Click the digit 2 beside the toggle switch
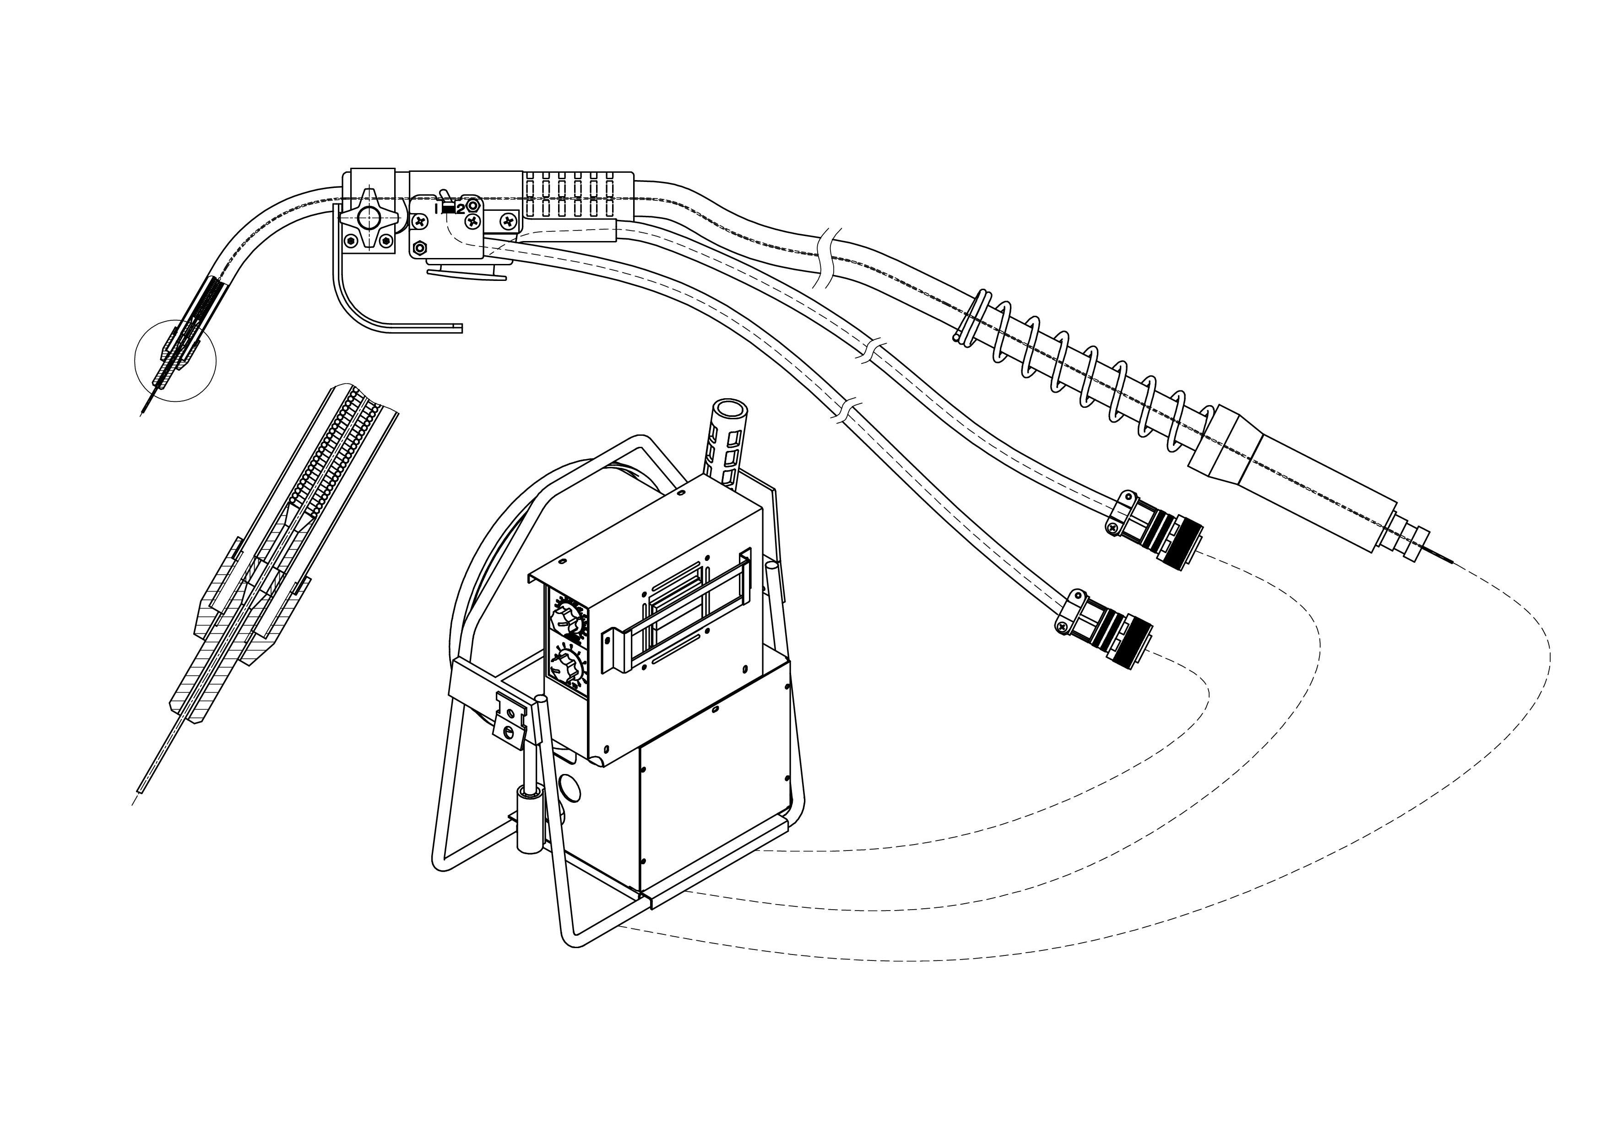pos(460,209)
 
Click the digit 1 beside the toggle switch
pos(436,208)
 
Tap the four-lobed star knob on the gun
pos(367,219)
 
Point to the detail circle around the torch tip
pos(175,361)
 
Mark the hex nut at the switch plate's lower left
pos(420,248)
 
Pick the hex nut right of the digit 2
pos(473,205)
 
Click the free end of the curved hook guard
pos(458,328)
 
